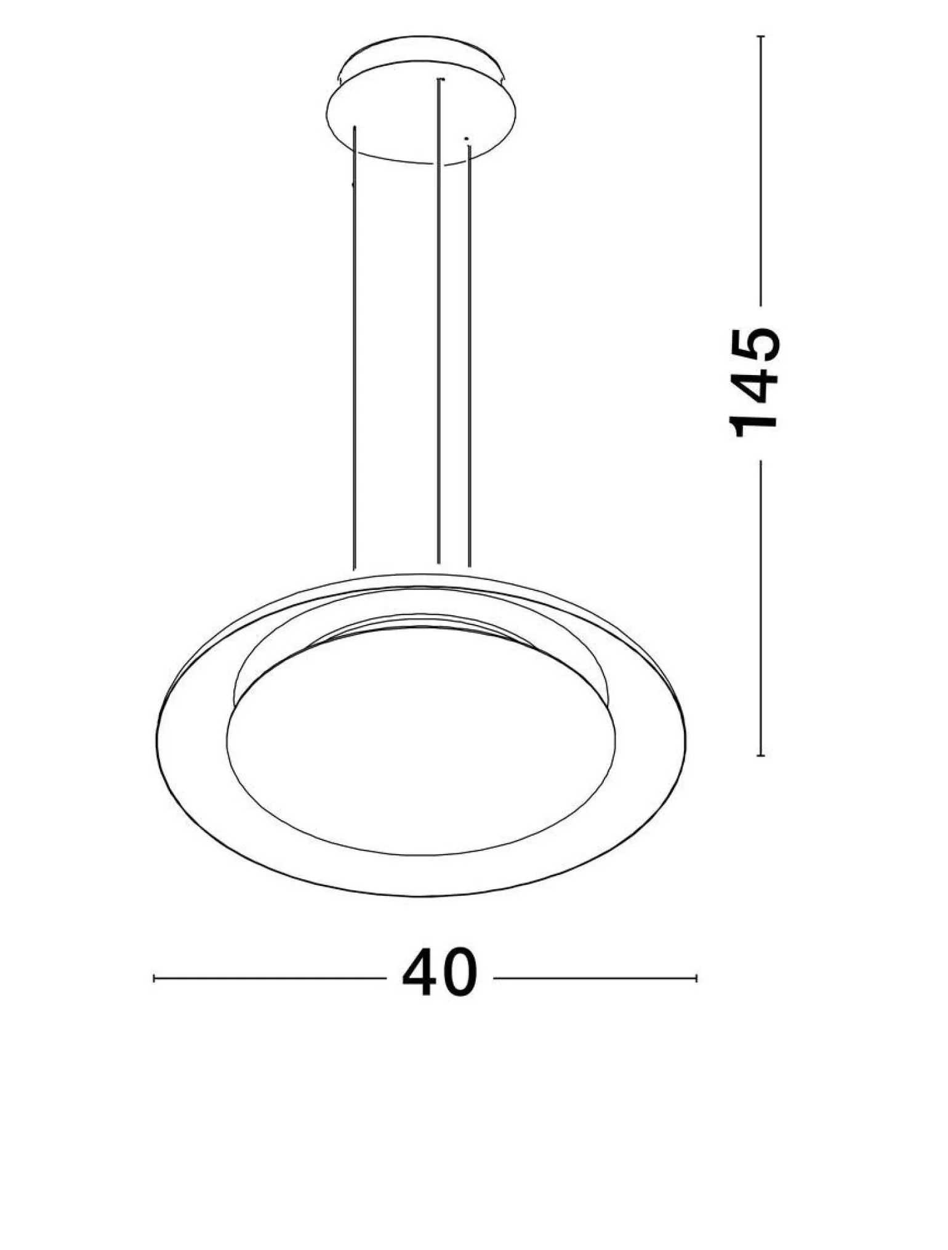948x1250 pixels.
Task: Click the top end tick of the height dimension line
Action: pyautogui.click(x=761, y=37)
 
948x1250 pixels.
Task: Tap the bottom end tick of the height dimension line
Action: pyautogui.click(x=761, y=755)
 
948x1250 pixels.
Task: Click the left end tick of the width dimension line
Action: pyautogui.click(x=154, y=978)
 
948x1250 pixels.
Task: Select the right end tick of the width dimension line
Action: pyautogui.click(x=696, y=978)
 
